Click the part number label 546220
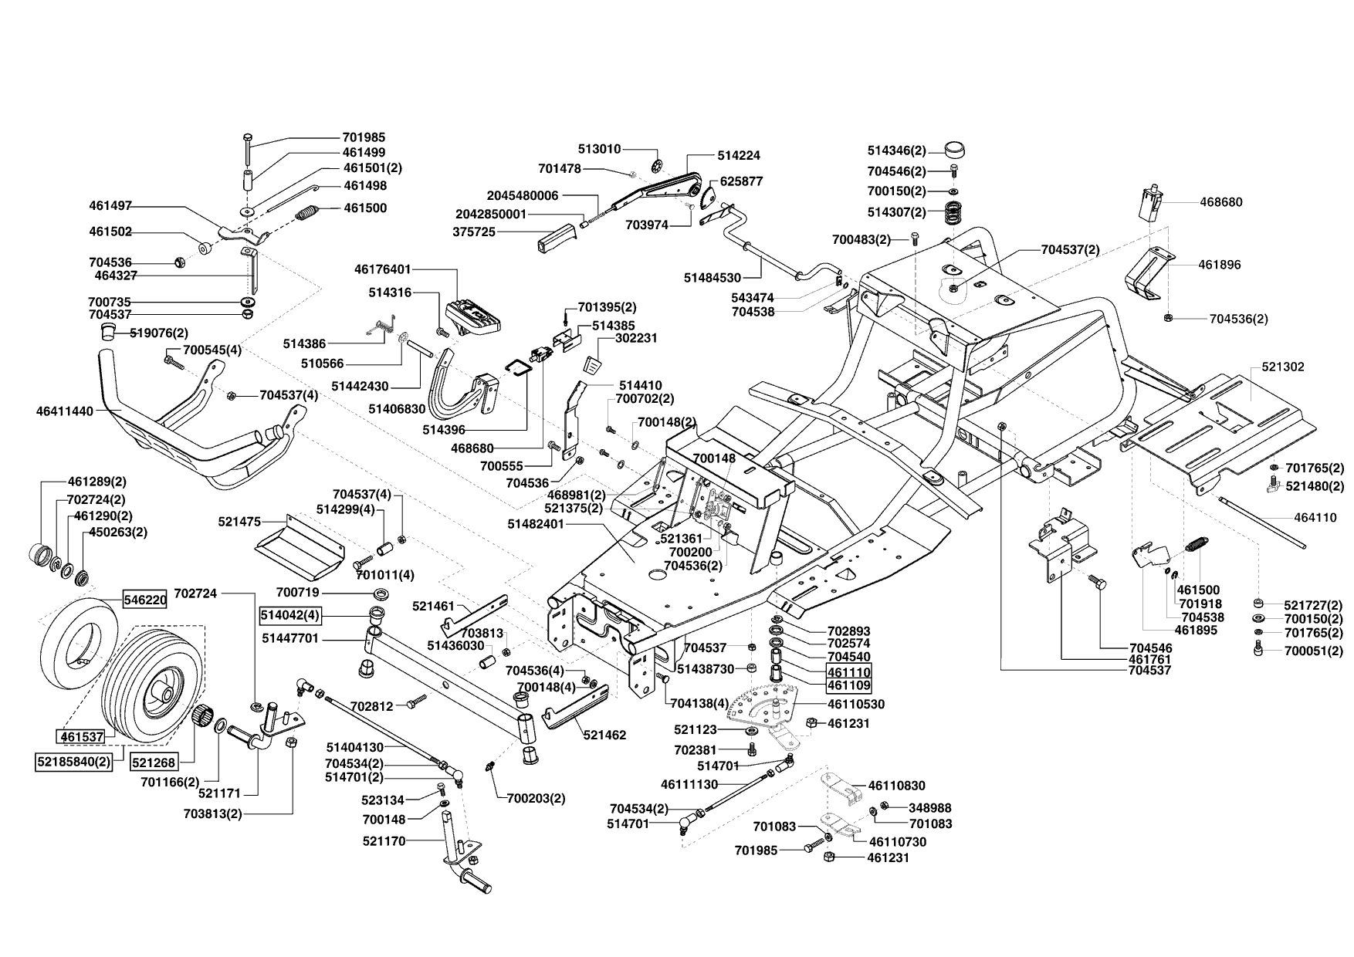[144, 599]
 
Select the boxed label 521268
[154, 762]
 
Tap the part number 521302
[1283, 367]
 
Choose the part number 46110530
[855, 705]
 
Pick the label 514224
[739, 155]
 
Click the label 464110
[1315, 518]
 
